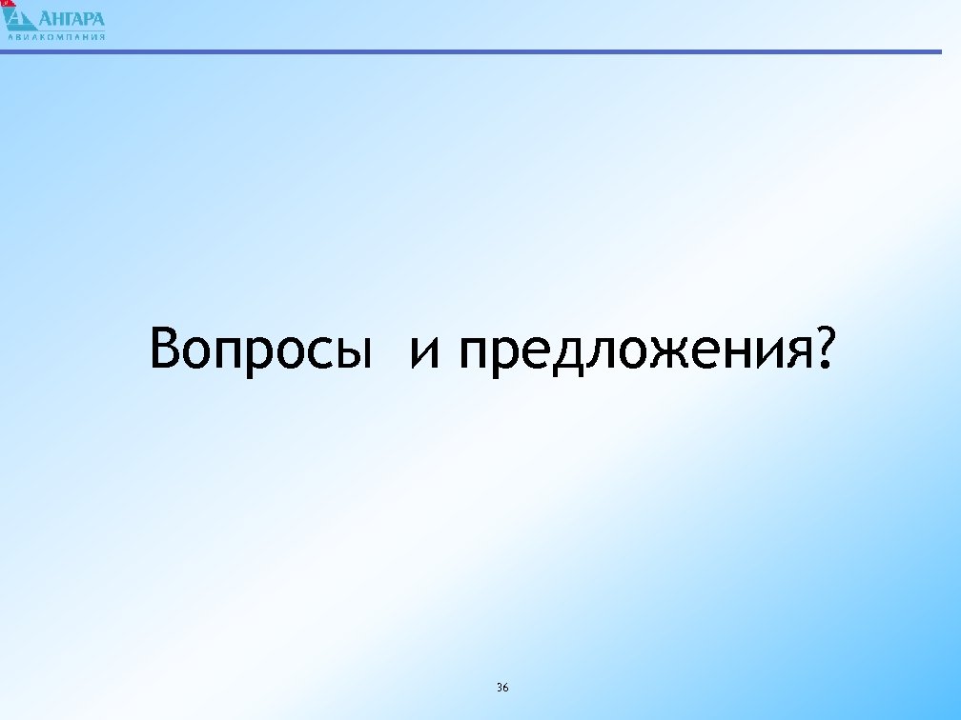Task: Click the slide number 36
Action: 502,687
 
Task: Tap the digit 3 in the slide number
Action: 500,687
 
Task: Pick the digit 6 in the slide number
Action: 506,687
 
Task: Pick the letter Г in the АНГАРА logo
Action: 72,19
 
